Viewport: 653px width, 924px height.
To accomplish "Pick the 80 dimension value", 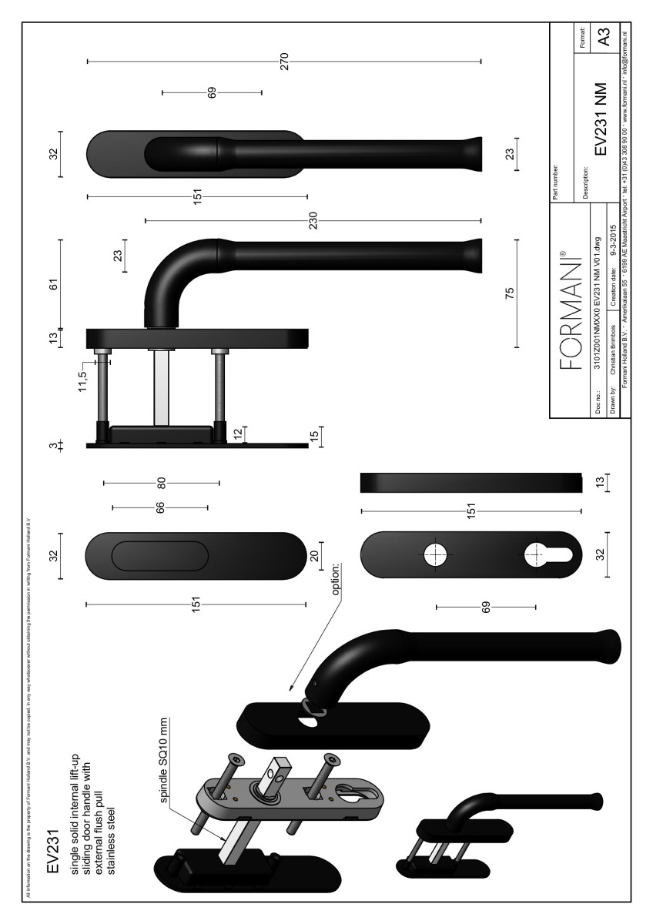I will (x=161, y=483).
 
